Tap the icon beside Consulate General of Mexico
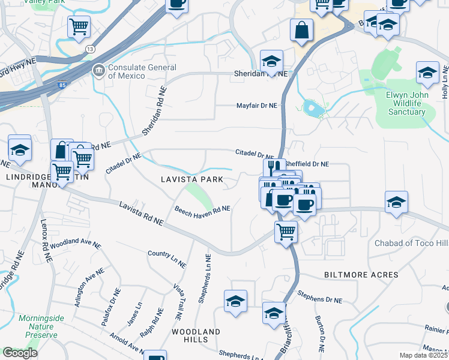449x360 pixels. click(x=98, y=71)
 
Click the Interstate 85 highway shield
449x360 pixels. click(x=62, y=86)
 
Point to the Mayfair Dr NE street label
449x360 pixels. click(x=256, y=106)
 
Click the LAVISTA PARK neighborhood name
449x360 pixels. click(x=192, y=179)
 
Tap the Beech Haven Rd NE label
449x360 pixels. click(x=202, y=209)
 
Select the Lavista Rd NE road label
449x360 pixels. click(x=141, y=214)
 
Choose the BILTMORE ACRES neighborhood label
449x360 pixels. click(x=361, y=275)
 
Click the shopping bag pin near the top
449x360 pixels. click(x=301, y=30)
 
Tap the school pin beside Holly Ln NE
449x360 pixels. click(x=427, y=73)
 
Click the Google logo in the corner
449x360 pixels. click(x=20, y=353)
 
